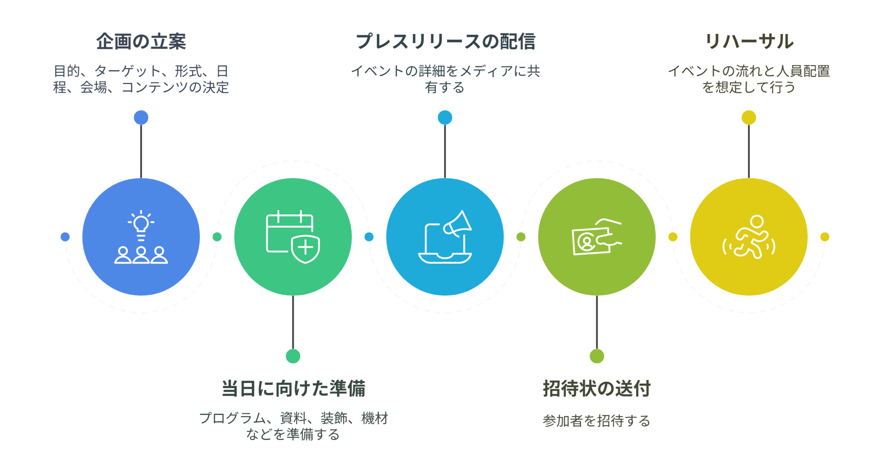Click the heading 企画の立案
pyautogui.click(x=141, y=41)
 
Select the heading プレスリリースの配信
pyautogui.click(x=445, y=41)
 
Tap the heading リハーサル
pyautogui.click(x=749, y=41)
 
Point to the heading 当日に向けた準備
pyautogui.click(x=293, y=388)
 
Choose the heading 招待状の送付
pyautogui.click(x=597, y=388)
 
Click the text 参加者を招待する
pyautogui.click(x=597, y=420)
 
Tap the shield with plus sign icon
pyautogui.click(x=305, y=248)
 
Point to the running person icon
pyautogui.click(x=749, y=237)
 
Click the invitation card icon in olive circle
pyautogui.click(x=597, y=237)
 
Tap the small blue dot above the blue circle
pyautogui.click(x=141, y=117)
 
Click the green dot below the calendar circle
pyautogui.click(x=293, y=356)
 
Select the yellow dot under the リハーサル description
pyautogui.click(x=749, y=117)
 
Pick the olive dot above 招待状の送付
pyautogui.click(x=597, y=356)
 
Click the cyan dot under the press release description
pyautogui.click(x=445, y=117)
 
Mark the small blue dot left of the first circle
pyautogui.click(x=65, y=237)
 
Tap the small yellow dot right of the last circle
pyautogui.click(x=825, y=237)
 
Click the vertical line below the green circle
pyautogui.click(x=293, y=322)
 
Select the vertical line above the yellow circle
pyautogui.click(x=749, y=152)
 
